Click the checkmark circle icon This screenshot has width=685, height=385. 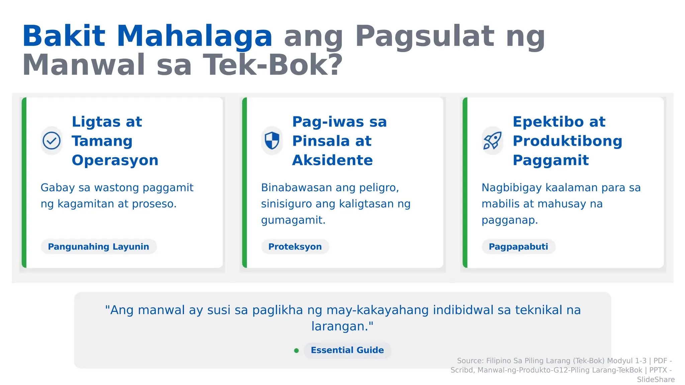52,141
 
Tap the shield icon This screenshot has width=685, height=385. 272,141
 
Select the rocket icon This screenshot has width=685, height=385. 492,141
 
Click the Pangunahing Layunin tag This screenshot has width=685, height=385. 99,247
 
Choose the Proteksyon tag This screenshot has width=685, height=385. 295,247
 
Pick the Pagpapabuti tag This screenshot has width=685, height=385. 518,247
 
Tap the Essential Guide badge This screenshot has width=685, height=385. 347,350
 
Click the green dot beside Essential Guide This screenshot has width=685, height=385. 296,351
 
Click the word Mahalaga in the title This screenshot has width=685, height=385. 194,36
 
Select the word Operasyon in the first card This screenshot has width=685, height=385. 115,160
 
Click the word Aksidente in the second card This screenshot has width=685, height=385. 332,160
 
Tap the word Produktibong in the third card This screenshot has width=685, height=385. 567,141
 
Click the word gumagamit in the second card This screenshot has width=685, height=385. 293,220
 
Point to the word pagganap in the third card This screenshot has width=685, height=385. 509,220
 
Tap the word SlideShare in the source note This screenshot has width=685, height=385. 656,380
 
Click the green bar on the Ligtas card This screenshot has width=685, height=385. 24,182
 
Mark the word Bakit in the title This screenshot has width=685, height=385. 64,36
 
